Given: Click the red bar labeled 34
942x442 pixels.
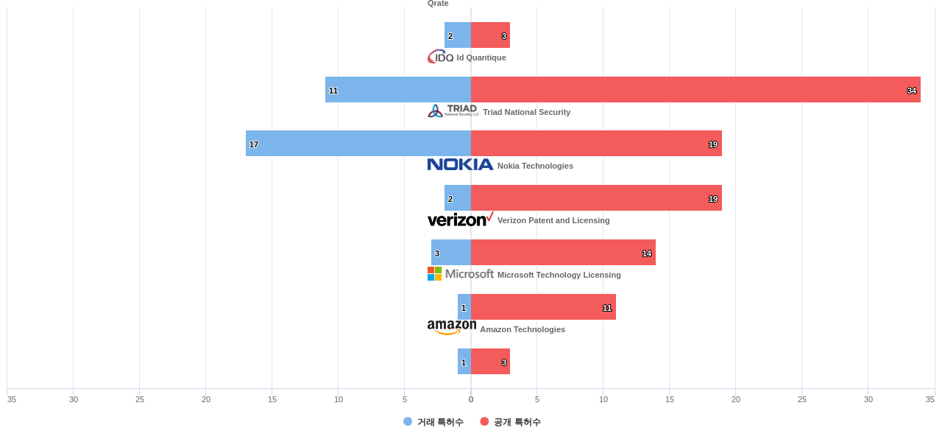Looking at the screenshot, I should click(695, 90).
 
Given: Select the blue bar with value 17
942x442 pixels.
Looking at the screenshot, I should click(358, 144).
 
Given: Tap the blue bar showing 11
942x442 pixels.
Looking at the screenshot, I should click(398, 90).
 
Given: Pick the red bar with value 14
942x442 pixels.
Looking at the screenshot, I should click(563, 253).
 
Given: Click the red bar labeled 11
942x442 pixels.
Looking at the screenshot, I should click(543, 307).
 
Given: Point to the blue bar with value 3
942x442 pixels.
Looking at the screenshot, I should click(450, 253).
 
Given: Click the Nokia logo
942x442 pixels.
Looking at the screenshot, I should click(460, 165).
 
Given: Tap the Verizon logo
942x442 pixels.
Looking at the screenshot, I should click(460, 220).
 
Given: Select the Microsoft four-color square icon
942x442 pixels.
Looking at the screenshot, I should click(435, 274).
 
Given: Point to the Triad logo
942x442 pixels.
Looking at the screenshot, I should click(453, 111).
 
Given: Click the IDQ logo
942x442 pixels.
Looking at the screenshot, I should click(440, 57).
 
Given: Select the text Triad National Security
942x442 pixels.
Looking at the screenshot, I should click(526, 112).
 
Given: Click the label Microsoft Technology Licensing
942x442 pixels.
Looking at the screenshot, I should click(559, 275).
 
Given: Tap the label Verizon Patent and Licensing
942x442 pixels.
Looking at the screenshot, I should click(553, 220).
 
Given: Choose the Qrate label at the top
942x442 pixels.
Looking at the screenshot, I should click(438, 4).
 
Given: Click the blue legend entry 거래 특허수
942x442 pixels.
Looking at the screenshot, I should click(433, 422).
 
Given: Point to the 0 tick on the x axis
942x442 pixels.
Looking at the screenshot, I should click(471, 399).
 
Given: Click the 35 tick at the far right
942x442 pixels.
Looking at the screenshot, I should click(929, 399).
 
